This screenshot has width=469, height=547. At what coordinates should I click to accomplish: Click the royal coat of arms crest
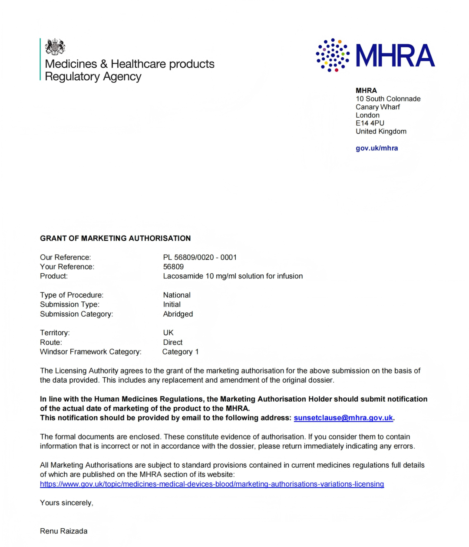(55, 47)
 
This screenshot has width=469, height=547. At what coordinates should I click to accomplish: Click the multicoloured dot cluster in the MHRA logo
(333, 55)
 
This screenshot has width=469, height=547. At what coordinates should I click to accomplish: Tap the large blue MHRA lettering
(395, 56)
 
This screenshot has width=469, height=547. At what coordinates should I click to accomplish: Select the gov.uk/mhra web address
(377, 148)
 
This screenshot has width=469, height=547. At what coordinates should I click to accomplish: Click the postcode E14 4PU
(370, 123)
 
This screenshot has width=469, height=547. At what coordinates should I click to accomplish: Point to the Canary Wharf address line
(377, 107)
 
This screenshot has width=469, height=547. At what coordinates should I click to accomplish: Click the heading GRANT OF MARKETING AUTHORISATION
(116, 238)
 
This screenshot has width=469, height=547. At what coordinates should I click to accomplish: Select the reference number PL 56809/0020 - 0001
(200, 257)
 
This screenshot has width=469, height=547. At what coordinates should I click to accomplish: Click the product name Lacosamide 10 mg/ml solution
(233, 276)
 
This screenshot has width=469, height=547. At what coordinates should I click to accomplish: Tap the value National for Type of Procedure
(177, 295)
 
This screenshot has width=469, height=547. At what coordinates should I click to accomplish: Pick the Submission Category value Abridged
(178, 314)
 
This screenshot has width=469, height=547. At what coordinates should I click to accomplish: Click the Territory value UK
(168, 333)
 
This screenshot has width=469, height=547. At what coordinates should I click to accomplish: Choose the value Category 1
(180, 352)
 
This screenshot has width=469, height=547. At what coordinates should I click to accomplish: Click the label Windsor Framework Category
(90, 352)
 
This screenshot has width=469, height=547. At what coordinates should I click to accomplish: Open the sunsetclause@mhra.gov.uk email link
(343, 418)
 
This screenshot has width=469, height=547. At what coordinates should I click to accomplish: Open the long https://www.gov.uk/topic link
(212, 484)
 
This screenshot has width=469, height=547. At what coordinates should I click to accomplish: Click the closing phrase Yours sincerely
(66, 503)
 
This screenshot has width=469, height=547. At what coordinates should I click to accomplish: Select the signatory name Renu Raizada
(63, 531)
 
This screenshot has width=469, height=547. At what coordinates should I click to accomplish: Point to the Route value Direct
(173, 342)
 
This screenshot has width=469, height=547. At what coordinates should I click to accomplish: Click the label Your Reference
(67, 267)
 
